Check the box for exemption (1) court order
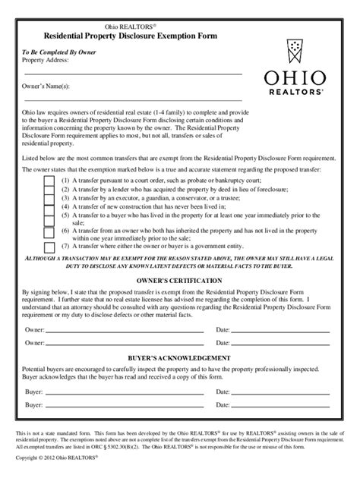tap(49, 183)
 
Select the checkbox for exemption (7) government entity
tap(49, 247)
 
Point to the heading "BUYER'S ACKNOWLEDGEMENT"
tap(179, 357)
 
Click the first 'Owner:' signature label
tap(33, 330)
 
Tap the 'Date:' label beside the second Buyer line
tap(223, 406)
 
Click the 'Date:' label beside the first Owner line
tap(223, 330)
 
